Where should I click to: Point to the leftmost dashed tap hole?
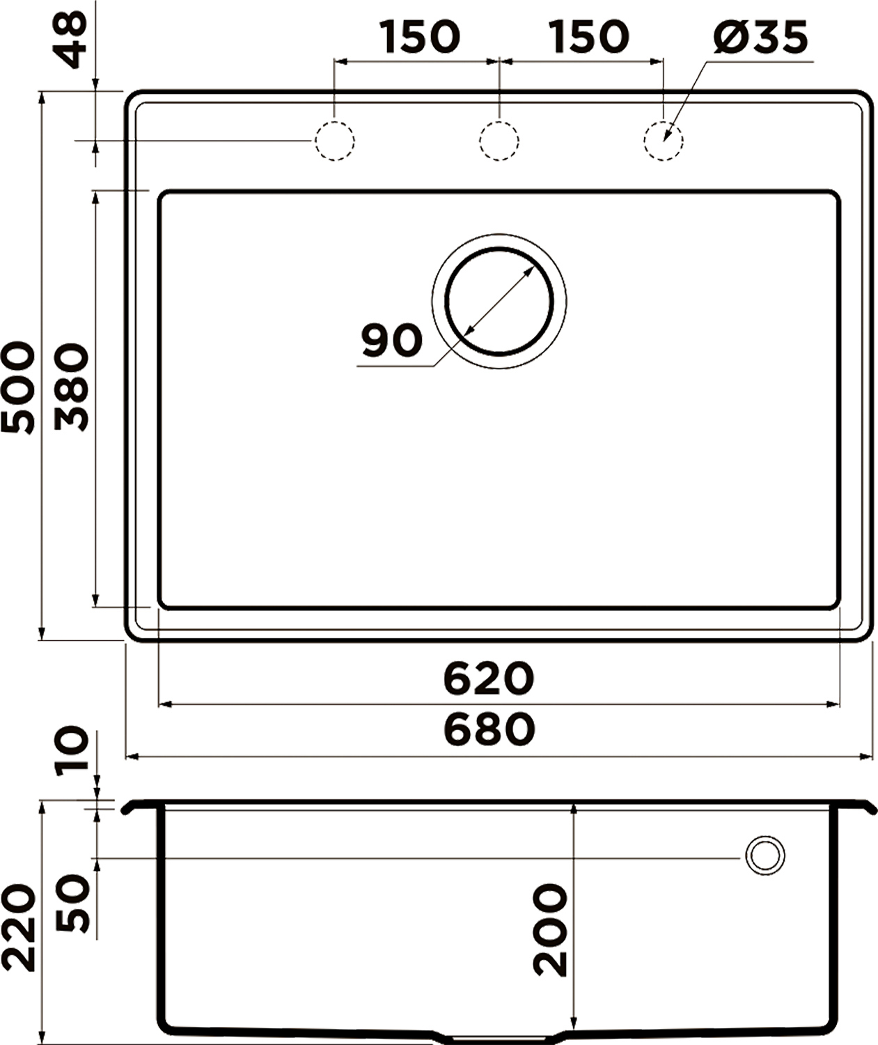pyautogui.click(x=335, y=141)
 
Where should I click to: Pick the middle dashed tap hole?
pyautogui.click(x=499, y=141)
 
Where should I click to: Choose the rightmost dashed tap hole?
pyautogui.click(x=664, y=141)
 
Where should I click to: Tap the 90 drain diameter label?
pyautogui.click(x=392, y=341)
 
